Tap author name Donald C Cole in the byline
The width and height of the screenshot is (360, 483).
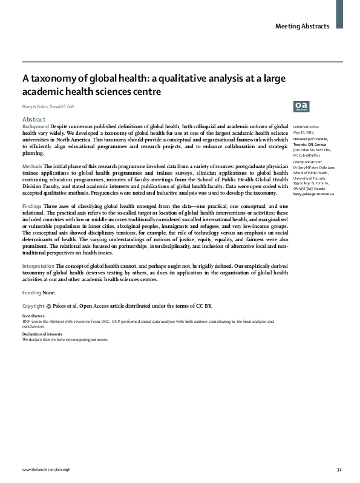(70, 106)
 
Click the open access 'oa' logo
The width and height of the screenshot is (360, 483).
(300, 105)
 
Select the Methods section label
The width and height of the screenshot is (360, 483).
(32, 166)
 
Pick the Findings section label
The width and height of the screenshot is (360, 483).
(33, 206)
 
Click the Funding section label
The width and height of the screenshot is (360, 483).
(32, 293)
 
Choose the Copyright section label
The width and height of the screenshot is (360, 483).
(33, 306)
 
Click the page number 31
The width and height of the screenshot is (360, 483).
(339, 469)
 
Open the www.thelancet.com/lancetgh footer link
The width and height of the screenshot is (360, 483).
(44, 469)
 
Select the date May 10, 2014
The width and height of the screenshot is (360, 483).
(303, 125)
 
